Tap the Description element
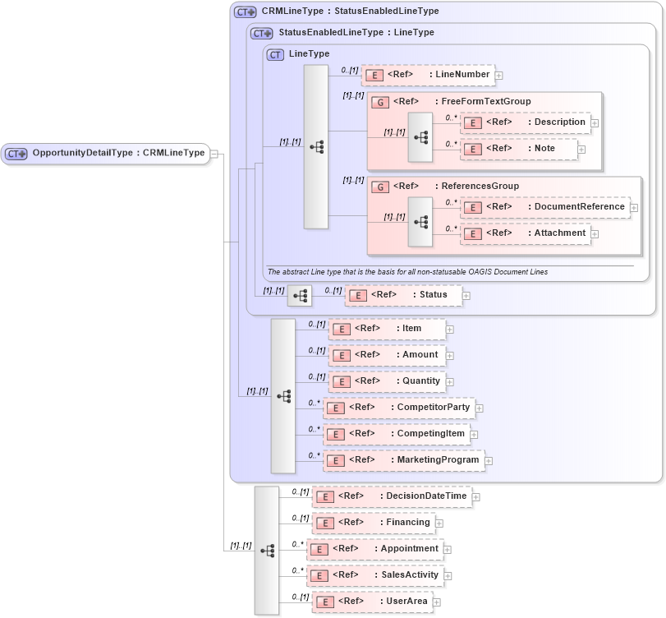pyautogui.click(x=525, y=122)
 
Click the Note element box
pyautogui.click(x=518, y=149)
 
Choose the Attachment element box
pyautogui.click(x=525, y=233)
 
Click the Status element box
pyautogui.click(x=402, y=295)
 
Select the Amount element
pyautogui.click(x=387, y=355)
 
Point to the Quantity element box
pyautogui.click(x=387, y=381)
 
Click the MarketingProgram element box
pyautogui.click(x=403, y=460)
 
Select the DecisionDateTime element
pyautogui.click(x=392, y=496)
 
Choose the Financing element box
pyautogui.click(x=374, y=523)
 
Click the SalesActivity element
pyautogui.click(x=375, y=575)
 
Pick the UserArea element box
pyautogui.click(x=372, y=602)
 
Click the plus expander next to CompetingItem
pyautogui.click(x=474, y=434)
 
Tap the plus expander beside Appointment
pyautogui.click(x=448, y=549)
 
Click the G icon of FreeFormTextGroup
pyautogui.click(x=380, y=102)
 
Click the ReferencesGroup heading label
pyautogui.click(x=480, y=187)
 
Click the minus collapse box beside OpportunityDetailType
pyautogui.click(x=214, y=153)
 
